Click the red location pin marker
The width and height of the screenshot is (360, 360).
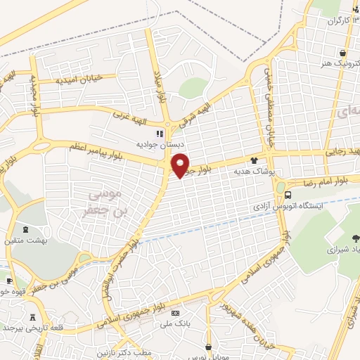click(180, 165)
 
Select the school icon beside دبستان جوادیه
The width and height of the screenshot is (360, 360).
click(160, 133)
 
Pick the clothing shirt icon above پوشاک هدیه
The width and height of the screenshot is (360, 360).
click(264, 160)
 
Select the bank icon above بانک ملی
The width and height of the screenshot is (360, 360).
click(175, 313)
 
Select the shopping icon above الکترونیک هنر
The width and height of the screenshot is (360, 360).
click(342, 53)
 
